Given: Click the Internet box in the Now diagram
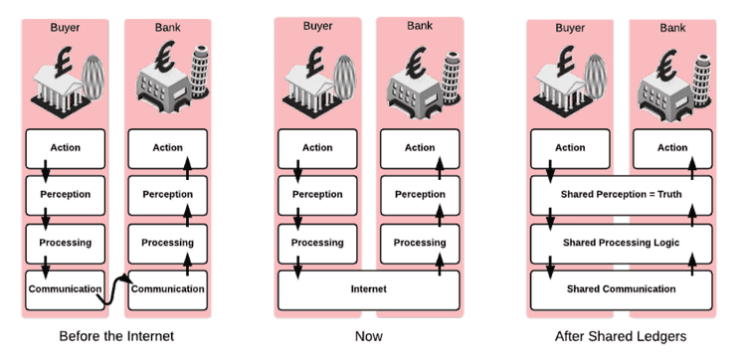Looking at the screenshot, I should (369, 289).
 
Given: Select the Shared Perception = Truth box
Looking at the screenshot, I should (621, 195).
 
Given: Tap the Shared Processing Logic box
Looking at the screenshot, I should (621, 243).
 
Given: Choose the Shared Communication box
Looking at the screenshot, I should (621, 289).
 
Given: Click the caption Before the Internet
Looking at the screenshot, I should (117, 336).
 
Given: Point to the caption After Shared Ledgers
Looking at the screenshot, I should (621, 336).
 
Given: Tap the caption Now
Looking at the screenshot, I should (369, 336).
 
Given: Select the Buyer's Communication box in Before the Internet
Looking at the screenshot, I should (65, 289).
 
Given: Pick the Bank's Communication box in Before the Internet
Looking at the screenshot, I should (167, 289).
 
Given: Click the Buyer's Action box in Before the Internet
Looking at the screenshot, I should (65, 148).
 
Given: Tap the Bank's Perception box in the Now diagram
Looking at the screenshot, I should (420, 195).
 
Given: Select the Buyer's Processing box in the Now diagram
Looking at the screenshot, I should (317, 243).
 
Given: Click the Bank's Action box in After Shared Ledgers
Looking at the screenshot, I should (672, 148).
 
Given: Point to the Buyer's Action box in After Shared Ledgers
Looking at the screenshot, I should (570, 148).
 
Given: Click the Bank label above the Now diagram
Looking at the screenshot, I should (420, 24).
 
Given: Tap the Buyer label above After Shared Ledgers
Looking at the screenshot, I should (570, 28).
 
